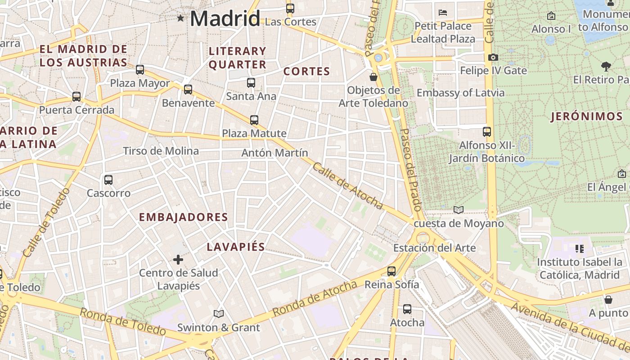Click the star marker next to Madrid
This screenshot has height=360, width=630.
[180, 18]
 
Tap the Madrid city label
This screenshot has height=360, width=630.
[225, 19]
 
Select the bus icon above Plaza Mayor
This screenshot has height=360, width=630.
[140, 69]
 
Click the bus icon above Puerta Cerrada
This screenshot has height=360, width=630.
[76, 96]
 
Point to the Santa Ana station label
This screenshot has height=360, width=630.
[251, 96]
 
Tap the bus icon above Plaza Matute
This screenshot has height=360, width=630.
[254, 120]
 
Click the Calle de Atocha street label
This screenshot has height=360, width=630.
[347, 186]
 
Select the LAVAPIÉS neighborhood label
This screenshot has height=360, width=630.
[236, 247]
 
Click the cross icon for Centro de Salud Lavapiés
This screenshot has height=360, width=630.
[178, 259]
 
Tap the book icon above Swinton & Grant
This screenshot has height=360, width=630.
[219, 314]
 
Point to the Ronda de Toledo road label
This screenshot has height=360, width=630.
[122, 321]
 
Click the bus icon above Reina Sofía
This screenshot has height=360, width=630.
[391, 271]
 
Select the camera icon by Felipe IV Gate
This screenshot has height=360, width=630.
[493, 57]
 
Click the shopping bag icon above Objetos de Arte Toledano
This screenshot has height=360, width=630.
[373, 77]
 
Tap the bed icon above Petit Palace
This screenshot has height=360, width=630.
[443, 12]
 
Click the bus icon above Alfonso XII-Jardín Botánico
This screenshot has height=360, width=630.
[487, 131]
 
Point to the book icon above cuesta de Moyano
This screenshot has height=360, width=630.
[459, 210]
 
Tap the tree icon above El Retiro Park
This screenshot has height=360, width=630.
[606, 66]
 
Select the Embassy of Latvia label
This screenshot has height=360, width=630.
[460, 93]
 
